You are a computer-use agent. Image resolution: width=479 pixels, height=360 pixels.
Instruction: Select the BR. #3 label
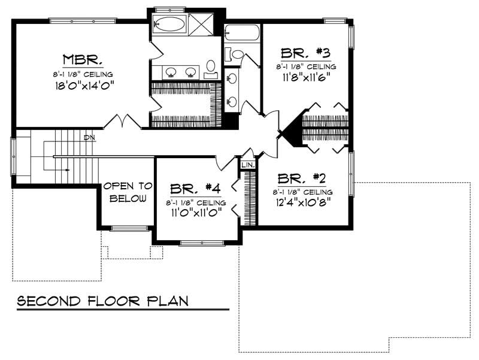(305, 53)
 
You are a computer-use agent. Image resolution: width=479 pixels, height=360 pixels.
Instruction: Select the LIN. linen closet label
(248, 164)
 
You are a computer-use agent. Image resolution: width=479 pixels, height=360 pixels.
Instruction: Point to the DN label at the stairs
(90, 138)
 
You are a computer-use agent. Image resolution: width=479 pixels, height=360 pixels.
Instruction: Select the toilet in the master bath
(211, 65)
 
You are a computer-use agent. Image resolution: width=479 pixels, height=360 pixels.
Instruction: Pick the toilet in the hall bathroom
(235, 55)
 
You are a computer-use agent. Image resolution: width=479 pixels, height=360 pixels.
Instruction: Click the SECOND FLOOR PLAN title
(102, 300)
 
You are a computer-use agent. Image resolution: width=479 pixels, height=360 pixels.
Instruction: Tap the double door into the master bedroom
(123, 122)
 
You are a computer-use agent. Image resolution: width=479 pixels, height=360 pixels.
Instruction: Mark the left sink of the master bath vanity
(171, 72)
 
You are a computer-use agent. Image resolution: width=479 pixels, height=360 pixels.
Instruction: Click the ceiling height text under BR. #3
(305, 66)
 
